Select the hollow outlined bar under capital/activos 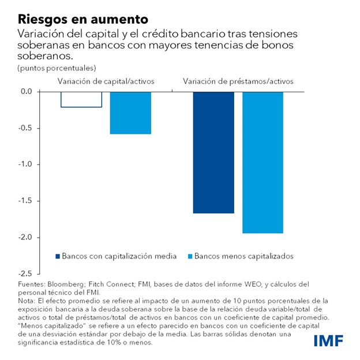coord(81,99)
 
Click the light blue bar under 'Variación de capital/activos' coord(130,112)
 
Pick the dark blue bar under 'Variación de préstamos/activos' coord(213,152)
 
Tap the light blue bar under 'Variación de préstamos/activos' coord(262,162)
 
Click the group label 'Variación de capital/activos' coord(106,81)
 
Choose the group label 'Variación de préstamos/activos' coord(238,81)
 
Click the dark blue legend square coord(57,256)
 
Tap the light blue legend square coord(190,256)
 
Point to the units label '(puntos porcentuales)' coord(57,69)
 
